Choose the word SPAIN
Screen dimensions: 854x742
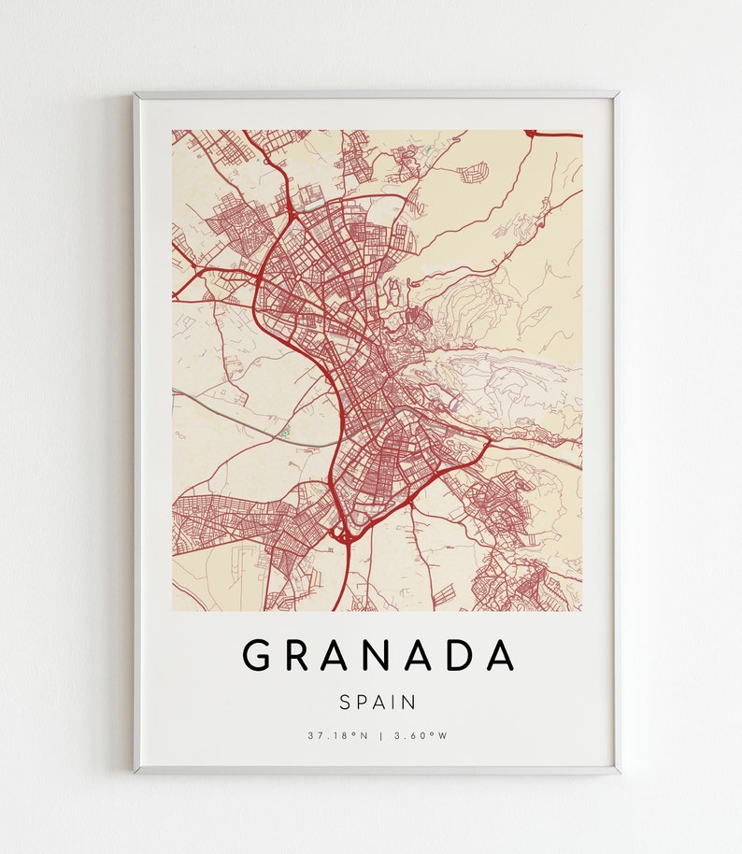[x=378, y=701]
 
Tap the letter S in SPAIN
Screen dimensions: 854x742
[x=347, y=701]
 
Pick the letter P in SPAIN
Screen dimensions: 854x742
[x=364, y=701]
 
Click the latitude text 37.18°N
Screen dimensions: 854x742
[x=338, y=735]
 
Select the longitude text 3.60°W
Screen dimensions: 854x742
[x=421, y=735]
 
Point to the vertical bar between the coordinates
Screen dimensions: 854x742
[x=380, y=735]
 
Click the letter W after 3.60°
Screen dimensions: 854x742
[x=444, y=735]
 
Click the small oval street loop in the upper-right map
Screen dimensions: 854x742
[x=474, y=172]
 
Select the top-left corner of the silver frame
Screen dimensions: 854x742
[x=136, y=93]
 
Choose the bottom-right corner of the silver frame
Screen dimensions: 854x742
[x=618, y=772]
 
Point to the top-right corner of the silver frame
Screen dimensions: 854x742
[x=618, y=93]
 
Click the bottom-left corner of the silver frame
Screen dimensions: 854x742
[x=136, y=772]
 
